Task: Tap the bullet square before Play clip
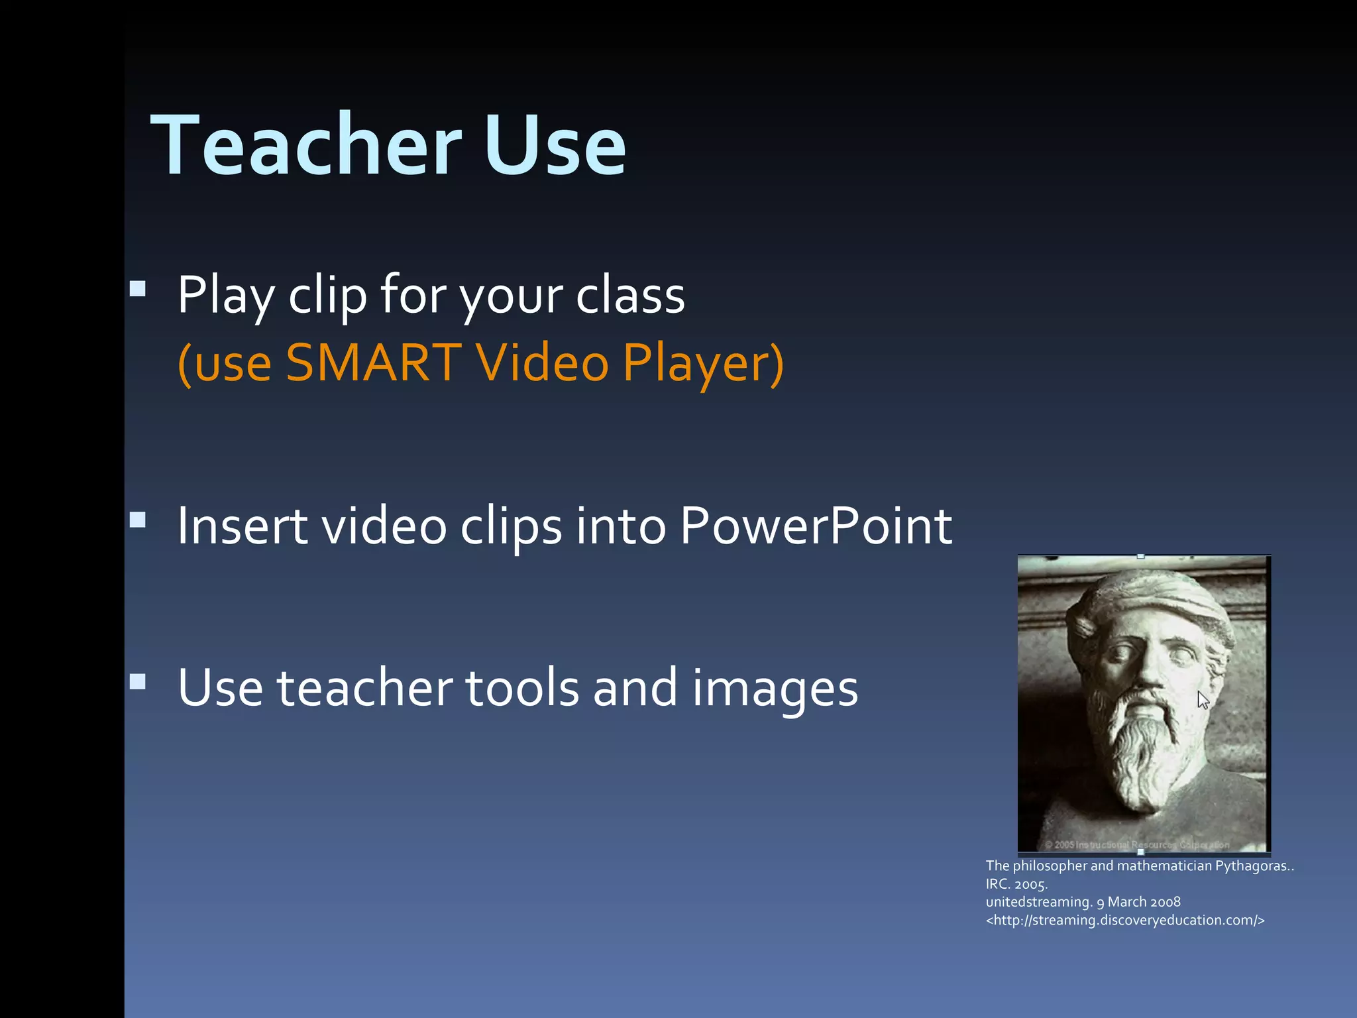click(138, 288)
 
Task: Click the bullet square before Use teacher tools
click(138, 682)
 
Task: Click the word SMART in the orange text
click(373, 363)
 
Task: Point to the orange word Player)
click(703, 363)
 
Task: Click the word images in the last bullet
click(775, 687)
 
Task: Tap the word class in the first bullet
click(630, 295)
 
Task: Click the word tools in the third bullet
click(523, 687)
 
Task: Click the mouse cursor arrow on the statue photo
click(1203, 700)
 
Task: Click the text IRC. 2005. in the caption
click(1016, 884)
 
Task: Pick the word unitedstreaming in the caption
click(1037, 902)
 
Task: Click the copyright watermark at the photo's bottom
click(1137, 845)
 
